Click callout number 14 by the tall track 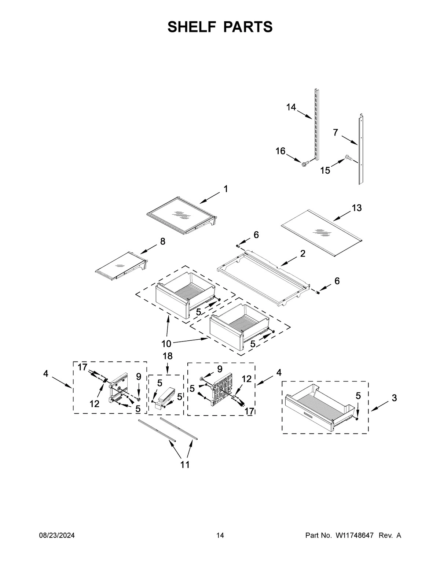coord(291,107)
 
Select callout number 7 coord(335,133)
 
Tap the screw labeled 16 coord(304,165)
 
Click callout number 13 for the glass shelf coord(356,208)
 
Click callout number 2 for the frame coord(302,254)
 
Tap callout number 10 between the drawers coord(166,344)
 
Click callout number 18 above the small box coord(167,356)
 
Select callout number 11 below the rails coord(185,465)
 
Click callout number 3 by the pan coord(394,398)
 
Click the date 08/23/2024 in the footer coord(57,536)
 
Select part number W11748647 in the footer coord(354,536)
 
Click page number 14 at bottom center coord(220,536)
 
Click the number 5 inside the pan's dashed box coord(358,396)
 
